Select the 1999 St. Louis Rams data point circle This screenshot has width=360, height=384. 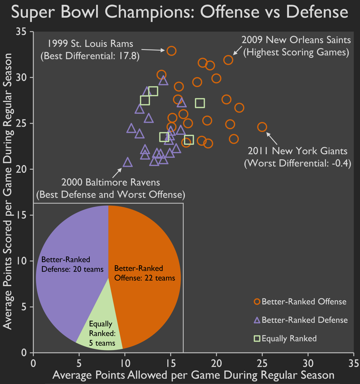tap(171, 51)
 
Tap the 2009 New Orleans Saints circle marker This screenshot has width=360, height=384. tap(228, 60)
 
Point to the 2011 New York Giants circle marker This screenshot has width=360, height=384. tap(262, 127)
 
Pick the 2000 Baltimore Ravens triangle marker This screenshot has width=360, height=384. tap(128, 162)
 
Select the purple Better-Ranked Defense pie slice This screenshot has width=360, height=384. tap(70, 295)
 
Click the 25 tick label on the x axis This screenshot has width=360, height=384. tap(262, 363)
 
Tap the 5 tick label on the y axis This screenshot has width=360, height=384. tap(24, 307)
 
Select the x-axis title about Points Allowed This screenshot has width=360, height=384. tap(193, 375)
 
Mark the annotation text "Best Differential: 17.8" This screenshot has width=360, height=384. tap(90, 56)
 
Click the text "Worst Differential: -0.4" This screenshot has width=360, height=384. tap(298, 163)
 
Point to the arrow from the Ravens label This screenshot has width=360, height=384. tap(117, 173)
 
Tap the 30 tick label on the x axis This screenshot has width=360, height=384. tap(308, 363)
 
